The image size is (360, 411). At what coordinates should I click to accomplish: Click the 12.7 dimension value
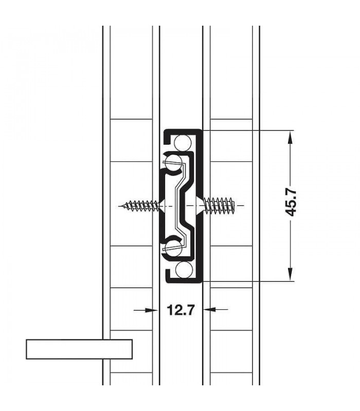pyautogui.click(x=181, y=310)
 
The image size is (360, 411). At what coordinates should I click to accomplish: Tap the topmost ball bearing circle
pyautogui.click(x=183, y=143)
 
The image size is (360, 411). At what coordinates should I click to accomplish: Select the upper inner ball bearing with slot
pyautogui.click(x=173, y=162)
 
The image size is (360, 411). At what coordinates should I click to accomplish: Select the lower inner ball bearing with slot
pyautogui.click(x=173, y=248)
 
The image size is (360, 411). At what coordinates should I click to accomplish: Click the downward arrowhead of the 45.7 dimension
pyautogui.click(x=290, y=275)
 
